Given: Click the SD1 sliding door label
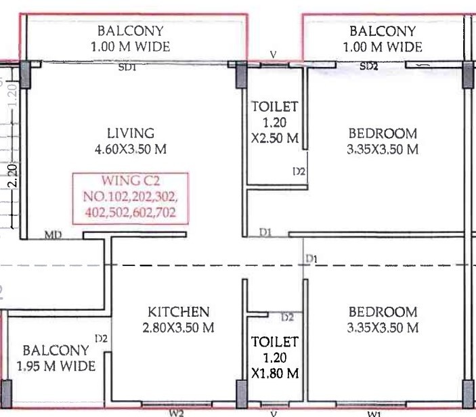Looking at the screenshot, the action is pyautogui.click(x=127, y=67).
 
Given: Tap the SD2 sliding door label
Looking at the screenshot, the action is pyautogui.click(x=369, y=66).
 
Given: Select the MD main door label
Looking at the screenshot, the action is pyautogui.click(x=53, y=235).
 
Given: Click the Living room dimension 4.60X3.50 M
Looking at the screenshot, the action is pyautogui.click(x=131, y=149).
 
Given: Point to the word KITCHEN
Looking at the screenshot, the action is pyautogui.click(x=179, y=312).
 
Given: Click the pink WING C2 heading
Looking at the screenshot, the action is pyautogui.click(x=131, y=181).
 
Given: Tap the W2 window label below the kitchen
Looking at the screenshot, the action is pyautogui.click(x=177, y=413).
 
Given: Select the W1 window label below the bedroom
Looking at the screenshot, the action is pyautogui.click(x=374, y=414).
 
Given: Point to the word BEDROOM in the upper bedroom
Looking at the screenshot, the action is pyautogui.click(x=383, y=133).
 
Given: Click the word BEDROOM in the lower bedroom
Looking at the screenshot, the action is pyautogui.click(x=383, y=312).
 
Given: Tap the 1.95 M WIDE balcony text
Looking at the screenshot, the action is pyautogui.click(x=56, y=366).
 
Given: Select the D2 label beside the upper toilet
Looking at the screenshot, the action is pyautogui.click(x=299, y=172).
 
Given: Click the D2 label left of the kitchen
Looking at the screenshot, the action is pyautogui.click(x=101, y=338).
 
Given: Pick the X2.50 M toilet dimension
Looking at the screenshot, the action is pyautogui.click(x=275, y=138).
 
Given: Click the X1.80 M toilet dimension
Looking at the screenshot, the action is pyautogui.click(x=275, y=373).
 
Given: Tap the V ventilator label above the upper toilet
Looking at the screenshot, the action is pyautogui.click(x=274, y=55).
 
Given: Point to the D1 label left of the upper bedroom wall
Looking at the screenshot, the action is pyautogui.click(x=265, y=232).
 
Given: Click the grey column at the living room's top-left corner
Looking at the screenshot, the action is pyautogui.click(x=25, y=74).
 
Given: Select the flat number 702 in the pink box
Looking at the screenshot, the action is pyautogui.click(x=167, y=212).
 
